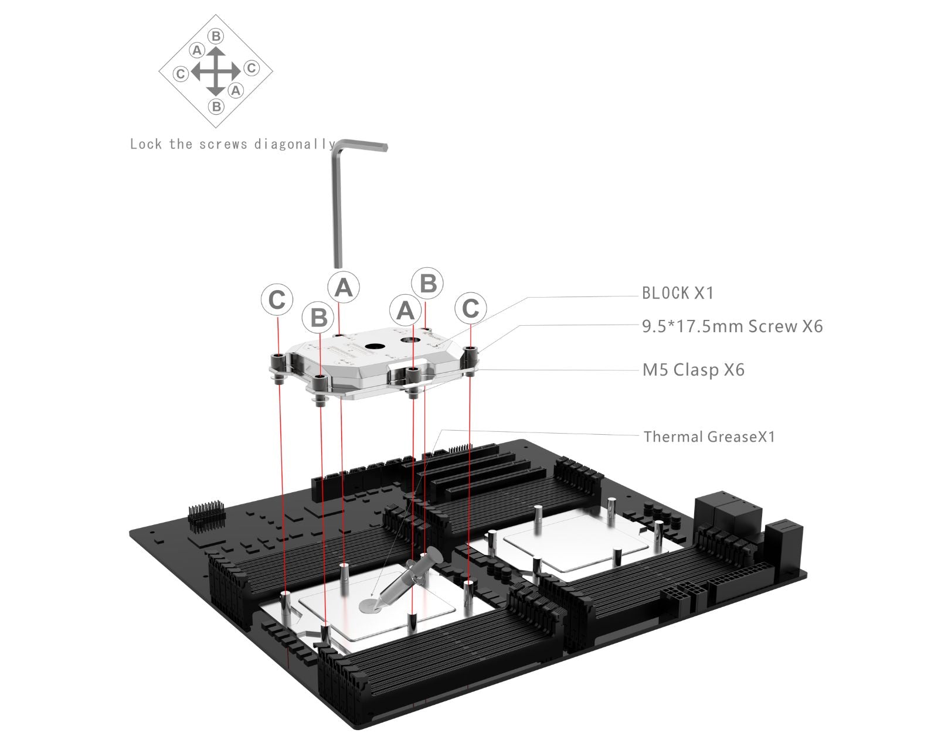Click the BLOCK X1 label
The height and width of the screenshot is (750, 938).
point(678,293)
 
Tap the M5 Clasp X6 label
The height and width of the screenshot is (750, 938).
point(694,370)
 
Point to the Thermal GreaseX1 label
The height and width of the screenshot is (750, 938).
point(709,437)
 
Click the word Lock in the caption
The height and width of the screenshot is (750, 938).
point(146,144)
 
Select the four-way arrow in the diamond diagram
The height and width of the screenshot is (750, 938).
point(216,71)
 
